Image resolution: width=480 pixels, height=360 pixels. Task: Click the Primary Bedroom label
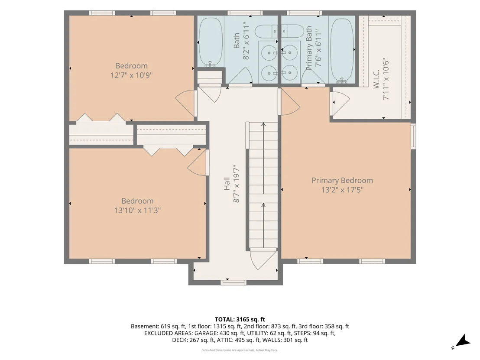pyautogui.click(x=342, y=180)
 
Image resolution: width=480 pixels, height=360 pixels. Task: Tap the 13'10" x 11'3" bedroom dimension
pyautogui.click(x=137, y=210)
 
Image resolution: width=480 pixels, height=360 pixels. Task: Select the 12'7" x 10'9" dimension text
pyautogui.click(x=131, y=75)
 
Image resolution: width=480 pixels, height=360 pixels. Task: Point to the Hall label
pyautogui.click(x=227, y=184)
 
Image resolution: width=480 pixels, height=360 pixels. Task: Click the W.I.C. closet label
pyautogui.click(x=376, y=79)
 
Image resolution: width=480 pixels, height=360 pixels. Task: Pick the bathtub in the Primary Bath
pyautogui.click(x=342, y=51)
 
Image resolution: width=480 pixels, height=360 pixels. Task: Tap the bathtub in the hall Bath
pyautogui.click(x=211, y=42)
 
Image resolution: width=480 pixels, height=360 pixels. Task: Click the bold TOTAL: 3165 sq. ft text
pyautogui.click(x=240, y=320)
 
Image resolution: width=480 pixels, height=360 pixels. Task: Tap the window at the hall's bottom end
pyautogui.click(x=234, y=282)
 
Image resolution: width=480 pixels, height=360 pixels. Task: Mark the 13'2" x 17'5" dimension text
pyautogui.click(x=342, y=190)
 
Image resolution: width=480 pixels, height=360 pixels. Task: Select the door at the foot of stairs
pyautogui.click(x=263, y=260)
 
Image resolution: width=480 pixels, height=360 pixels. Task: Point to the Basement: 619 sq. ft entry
pyautogui.click(x=158, y=326)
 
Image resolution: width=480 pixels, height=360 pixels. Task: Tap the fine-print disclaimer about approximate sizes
pyautogui.click(x=240, y=350)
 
